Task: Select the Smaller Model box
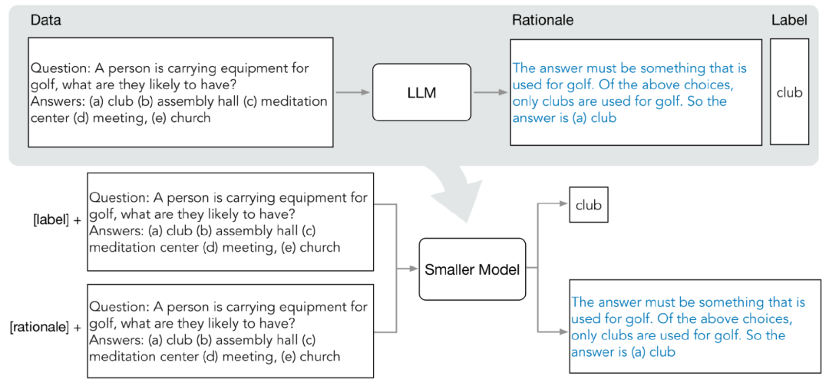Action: pos(473,269)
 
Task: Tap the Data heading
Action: pos(45,20)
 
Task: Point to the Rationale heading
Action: pos(543,20)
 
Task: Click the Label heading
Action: pos(789,20)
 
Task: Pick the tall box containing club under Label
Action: pos(789,92)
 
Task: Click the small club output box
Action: pos(588,205)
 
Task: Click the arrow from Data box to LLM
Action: pos(352,93)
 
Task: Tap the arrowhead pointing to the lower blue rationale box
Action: pos(563,332)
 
